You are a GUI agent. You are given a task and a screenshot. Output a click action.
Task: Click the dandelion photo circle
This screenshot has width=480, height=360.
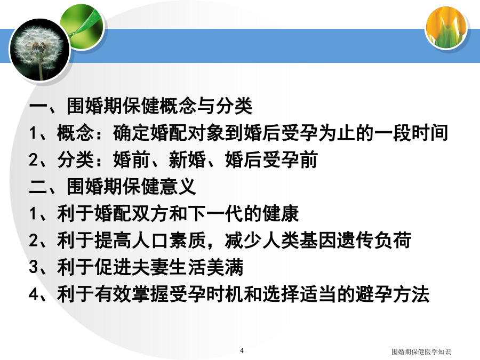click(x=40, y=50)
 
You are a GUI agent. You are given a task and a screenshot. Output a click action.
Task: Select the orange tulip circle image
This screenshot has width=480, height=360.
click(x=446, y=28)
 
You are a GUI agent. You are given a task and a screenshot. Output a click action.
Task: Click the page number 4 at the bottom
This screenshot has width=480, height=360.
click(x=242, y=350)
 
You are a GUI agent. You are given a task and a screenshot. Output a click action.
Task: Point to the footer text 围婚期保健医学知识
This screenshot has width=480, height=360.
click(x=421, y=352)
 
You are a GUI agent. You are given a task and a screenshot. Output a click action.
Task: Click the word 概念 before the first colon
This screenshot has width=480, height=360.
click(x=75, y=133)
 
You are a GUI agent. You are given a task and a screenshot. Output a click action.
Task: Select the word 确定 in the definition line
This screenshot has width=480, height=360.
click(x=131, y=133)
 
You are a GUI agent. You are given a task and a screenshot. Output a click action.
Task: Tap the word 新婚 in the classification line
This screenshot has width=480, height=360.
click(x=187, y=160)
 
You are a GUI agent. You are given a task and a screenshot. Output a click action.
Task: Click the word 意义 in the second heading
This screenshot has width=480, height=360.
click(x=178, y=187)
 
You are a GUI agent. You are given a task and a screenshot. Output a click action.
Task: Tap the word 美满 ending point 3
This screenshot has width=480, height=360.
click(x=225, y=267)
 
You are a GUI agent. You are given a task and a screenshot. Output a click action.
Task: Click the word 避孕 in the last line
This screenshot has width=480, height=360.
click(x=374, y=294)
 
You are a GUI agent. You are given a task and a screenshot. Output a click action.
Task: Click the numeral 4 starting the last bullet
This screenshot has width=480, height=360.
click(x=34, y=294)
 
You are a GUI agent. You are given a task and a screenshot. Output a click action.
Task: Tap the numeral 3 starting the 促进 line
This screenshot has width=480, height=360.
click(x=34, y=267)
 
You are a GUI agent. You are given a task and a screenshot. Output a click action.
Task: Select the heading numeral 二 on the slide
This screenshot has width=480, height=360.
click(x=38, y=187)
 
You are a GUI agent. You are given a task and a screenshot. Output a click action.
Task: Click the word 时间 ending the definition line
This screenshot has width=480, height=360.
click(x=430, y=133)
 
